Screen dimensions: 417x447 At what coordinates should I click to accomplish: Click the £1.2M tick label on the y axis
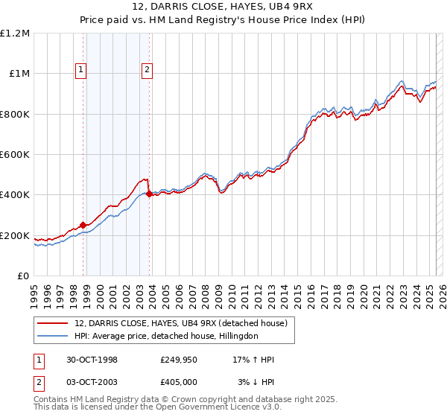(15, 34)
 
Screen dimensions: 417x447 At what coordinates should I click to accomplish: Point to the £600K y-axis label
(15, 155)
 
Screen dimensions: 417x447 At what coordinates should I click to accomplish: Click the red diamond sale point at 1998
(83, 225)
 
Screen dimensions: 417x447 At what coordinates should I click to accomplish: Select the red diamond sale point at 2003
(149, 194)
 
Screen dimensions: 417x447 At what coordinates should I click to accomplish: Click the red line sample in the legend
(54, 323)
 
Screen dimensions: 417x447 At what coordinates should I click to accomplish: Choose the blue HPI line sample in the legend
(54, 336)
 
